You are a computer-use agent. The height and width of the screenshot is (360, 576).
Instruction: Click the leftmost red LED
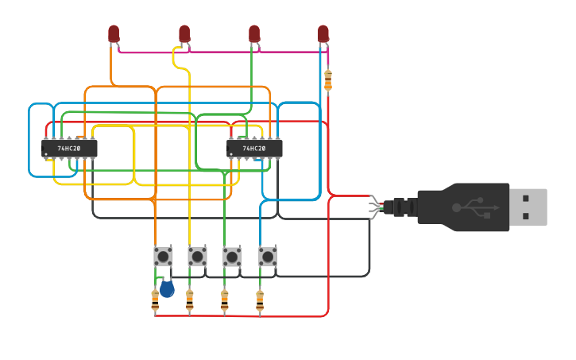click(114, 33)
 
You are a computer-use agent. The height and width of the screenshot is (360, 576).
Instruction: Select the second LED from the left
click(184, 33)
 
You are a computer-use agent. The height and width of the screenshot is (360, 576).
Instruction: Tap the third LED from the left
click(254, 33)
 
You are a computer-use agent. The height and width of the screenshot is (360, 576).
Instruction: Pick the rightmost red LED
click(323, 33)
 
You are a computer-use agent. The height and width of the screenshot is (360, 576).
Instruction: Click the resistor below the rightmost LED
click(328, 79)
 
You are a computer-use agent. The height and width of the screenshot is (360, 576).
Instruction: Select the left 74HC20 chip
click(70, 149)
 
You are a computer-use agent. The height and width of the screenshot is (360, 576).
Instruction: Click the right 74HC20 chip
click(255, 149)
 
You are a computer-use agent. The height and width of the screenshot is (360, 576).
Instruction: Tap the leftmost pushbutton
click(164, 256)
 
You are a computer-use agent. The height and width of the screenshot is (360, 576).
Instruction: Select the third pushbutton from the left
click(232, 256)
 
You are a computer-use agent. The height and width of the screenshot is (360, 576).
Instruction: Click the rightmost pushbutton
click(268, 256)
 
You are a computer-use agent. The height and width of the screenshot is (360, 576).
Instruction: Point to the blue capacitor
click(167, 288)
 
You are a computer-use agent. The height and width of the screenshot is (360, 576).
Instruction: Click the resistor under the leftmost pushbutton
click(155, 300)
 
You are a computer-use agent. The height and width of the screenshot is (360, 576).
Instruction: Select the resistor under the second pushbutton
click(189, 300)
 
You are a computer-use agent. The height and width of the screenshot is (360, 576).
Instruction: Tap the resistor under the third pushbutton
click(224, 300)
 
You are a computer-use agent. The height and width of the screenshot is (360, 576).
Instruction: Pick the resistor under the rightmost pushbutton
click(259, 300)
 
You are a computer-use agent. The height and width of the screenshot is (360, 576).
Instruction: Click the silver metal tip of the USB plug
click(528, 207)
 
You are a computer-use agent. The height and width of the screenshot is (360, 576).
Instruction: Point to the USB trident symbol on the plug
click(474, 207)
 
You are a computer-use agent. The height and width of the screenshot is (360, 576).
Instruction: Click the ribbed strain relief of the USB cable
click(401, 207)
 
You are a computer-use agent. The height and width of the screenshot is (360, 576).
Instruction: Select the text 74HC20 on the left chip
click(68, 149)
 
